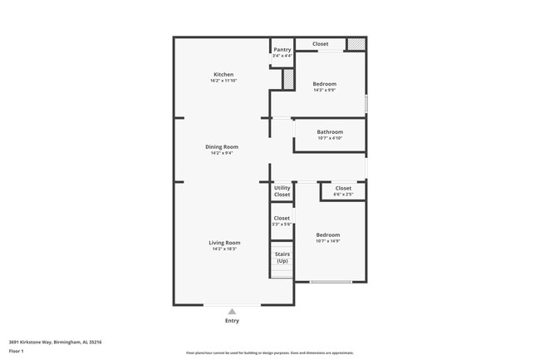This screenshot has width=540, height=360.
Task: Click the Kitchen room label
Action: pos(223,75)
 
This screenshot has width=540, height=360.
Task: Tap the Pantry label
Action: pos(282,49)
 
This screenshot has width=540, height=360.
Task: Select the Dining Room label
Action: pos(222,147)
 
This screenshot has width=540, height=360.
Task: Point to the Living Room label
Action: pos(224,243)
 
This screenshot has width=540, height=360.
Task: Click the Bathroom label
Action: pos(330,132)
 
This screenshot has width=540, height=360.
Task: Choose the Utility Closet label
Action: pos(282,191)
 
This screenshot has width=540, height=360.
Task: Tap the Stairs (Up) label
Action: pos(282,258)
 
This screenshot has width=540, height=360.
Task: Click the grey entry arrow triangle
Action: pos(232,312)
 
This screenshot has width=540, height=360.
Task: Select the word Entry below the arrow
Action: pos(232,321)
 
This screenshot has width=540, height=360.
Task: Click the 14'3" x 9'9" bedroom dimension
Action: pos(324,90)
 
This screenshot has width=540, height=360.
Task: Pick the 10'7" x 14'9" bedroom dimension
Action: pos(328,241)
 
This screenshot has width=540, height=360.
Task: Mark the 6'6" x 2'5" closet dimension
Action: pos(343,195)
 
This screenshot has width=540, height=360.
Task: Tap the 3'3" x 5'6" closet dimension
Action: pos(282,224)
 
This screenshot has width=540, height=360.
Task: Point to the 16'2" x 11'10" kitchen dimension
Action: pos(223,81)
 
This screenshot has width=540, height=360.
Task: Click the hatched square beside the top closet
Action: pos(356,44)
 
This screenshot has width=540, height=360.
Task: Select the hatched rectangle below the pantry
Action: pos(288,80)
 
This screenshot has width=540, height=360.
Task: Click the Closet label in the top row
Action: pos(320,44)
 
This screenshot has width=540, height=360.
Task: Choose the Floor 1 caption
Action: pos(17,352)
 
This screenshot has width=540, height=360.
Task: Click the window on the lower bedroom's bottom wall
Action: pos(331,282)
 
